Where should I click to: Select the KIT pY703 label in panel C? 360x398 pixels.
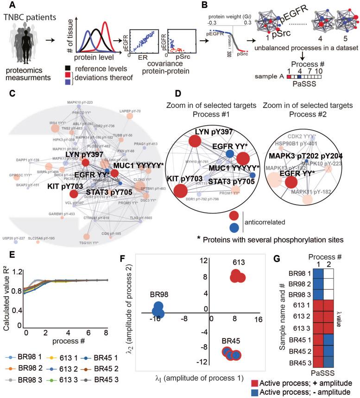[x=49, y=186]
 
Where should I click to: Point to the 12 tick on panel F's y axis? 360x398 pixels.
[x=202, y=261]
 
